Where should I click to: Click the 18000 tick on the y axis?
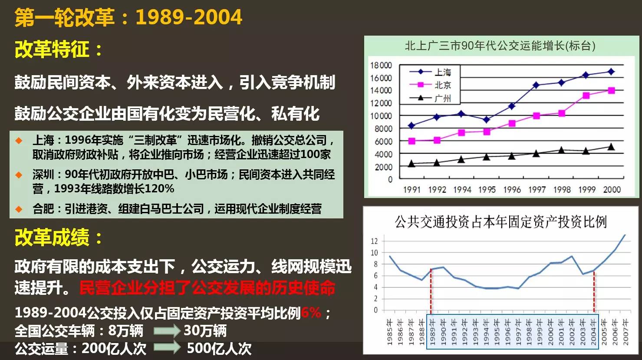point(381,65)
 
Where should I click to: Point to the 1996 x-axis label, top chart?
point(512,189)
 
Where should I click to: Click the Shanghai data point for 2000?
point(611,72)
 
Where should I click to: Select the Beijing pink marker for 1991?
point(412,141)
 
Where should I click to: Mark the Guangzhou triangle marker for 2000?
point(611,147)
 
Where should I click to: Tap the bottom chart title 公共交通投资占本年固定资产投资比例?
point(500,222)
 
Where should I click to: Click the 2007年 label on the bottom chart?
point(626,332)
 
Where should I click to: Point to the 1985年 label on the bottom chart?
point(389,332)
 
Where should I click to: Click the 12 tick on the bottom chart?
point(374,241)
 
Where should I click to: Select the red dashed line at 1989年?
point(431,291)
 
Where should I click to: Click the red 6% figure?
point(311,312)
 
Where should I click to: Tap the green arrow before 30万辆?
point(167,331)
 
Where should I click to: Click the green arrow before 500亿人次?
point(167,348)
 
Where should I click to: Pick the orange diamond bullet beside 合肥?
point(19,209)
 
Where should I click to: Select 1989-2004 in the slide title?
point(189,17)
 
